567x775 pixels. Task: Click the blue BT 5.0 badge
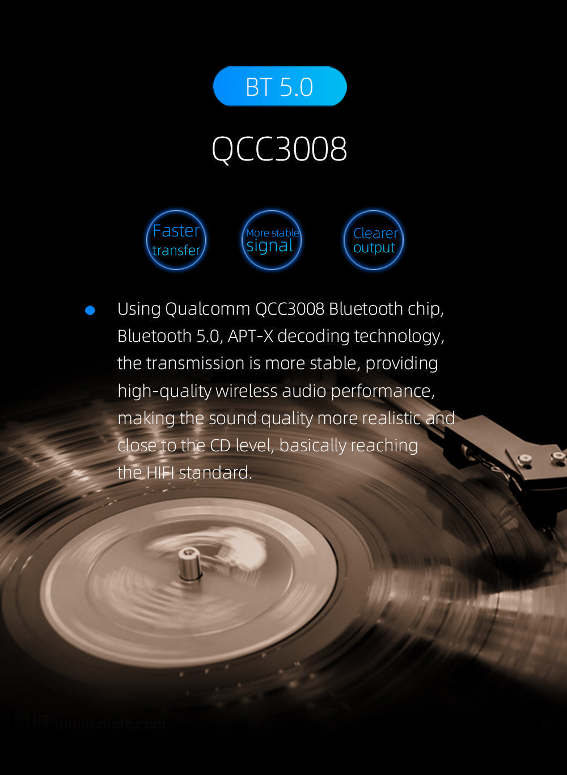tap(280, 86)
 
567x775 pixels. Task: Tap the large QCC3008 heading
tap(279, 149)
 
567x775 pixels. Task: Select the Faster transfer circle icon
tap(176, 240)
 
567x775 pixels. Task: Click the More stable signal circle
tap(272, 240)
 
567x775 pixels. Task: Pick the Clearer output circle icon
tap(374, 240)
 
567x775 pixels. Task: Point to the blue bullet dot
tap(90, 310)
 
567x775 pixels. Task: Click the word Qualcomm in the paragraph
tap(208, 309)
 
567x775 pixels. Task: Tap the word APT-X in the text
tap(250, 336)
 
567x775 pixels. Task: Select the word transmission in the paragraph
tap(196, 363)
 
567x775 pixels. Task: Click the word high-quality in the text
tap(164, 391)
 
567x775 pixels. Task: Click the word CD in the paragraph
tap(220, 446)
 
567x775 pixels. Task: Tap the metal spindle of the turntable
tap(189, 563)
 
